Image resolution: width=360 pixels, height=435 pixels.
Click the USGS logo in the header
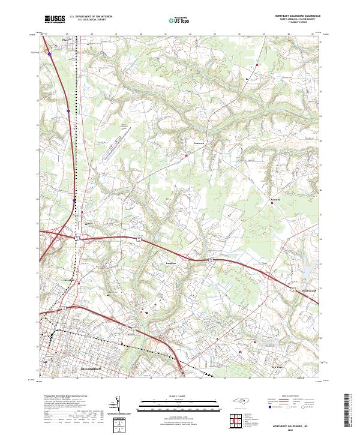55,19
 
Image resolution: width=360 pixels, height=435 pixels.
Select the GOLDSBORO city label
92,368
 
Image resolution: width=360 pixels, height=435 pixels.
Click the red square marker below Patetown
187,156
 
